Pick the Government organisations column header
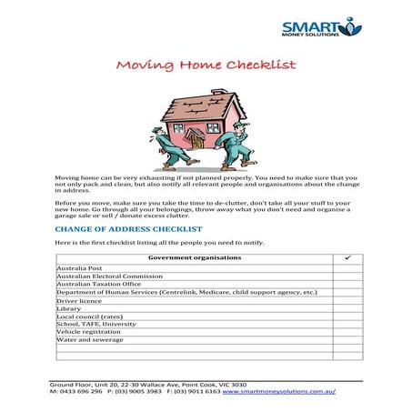[188, 259]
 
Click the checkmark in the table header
[347, 259]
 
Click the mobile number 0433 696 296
[79, 392]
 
